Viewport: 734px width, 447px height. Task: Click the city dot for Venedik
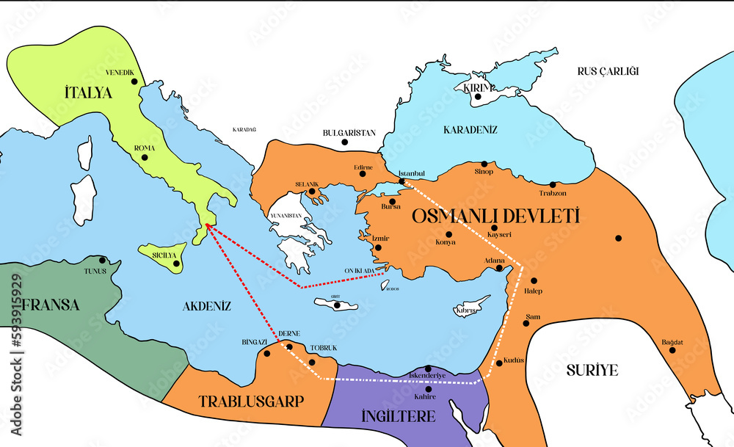tap(134, 81)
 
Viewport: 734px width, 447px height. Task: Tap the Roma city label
tap(144, 148)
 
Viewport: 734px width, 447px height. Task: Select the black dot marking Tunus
tap(103, 260)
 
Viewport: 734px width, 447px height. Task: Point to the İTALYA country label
tap(87, 93)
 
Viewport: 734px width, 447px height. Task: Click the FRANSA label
tap(50, 305)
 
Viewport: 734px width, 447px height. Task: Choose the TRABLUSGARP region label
tap(251, 401)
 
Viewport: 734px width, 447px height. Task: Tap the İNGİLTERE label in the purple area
tap(399, 416)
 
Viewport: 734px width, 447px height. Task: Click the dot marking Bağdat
tap(672, 350)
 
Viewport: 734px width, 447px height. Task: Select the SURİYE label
tap(592, 369)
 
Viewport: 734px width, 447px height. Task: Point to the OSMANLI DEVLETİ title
tap(495, 217)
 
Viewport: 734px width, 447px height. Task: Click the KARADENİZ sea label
tap(470, 130)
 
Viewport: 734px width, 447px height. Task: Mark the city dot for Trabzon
tap(553, 185)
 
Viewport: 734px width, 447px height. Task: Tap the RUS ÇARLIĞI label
tap(608, 71)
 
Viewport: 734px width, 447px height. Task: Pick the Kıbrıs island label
tap(468, 311)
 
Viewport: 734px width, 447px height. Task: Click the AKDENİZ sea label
tap(207, 306)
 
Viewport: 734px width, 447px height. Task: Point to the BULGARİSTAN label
tap(349, 133)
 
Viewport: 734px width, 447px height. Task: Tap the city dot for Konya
tap(449, 234)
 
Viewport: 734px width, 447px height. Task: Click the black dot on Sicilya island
tap(176, 264)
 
